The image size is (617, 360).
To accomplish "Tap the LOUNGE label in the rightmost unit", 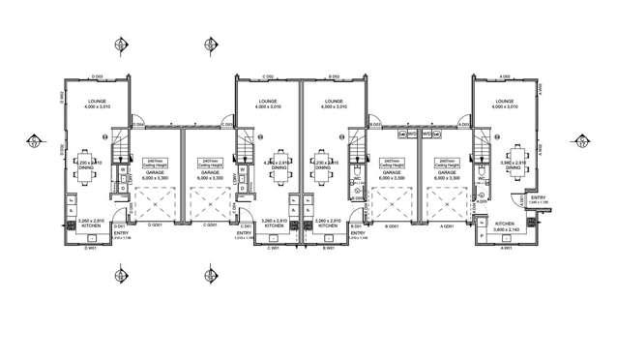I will click(x=504, y=101).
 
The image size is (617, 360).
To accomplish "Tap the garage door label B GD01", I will click(x=392, y=225).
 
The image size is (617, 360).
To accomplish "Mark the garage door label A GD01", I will click(x=446, y=225).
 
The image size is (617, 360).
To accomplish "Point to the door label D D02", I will click(x=97, y=75).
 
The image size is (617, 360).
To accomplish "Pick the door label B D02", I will click(x=333, y=75).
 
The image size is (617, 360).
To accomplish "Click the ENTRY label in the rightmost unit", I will click(x=538, y=199).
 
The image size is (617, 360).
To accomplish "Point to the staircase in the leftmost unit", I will click(x=121, y=149).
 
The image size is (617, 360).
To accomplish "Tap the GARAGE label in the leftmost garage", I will click(x=154, y=176).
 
